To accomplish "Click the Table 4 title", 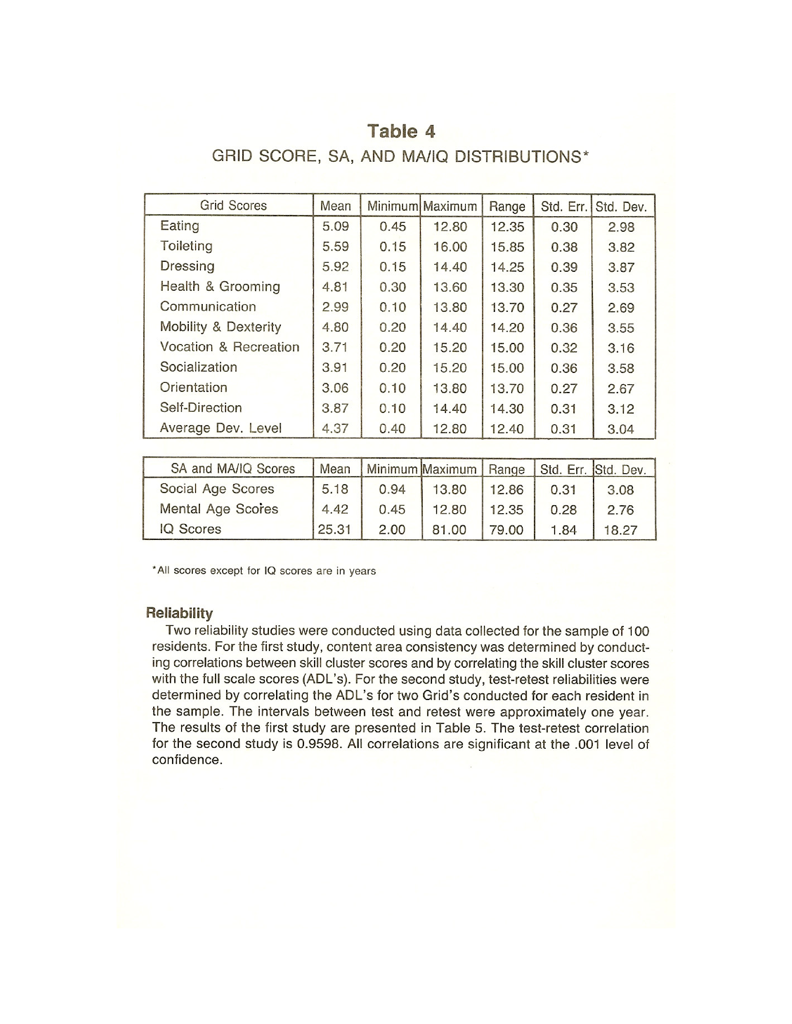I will (x=401, y=131).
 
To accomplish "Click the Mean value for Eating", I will (x=335, y=227).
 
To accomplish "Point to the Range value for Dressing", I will (x=507, y=267).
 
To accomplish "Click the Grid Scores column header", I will (x=233, y=205).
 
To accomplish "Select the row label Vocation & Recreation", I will (x=230, y=347).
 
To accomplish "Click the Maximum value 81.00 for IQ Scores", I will (x=449, y=530).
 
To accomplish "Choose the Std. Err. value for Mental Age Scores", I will (x=563, y=510).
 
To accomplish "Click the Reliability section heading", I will (x=179, y=613).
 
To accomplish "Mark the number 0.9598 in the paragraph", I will (x=318, y=744).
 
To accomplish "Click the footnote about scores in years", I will (x=264, y=571).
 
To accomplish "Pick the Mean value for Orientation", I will (x=335, y=388).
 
